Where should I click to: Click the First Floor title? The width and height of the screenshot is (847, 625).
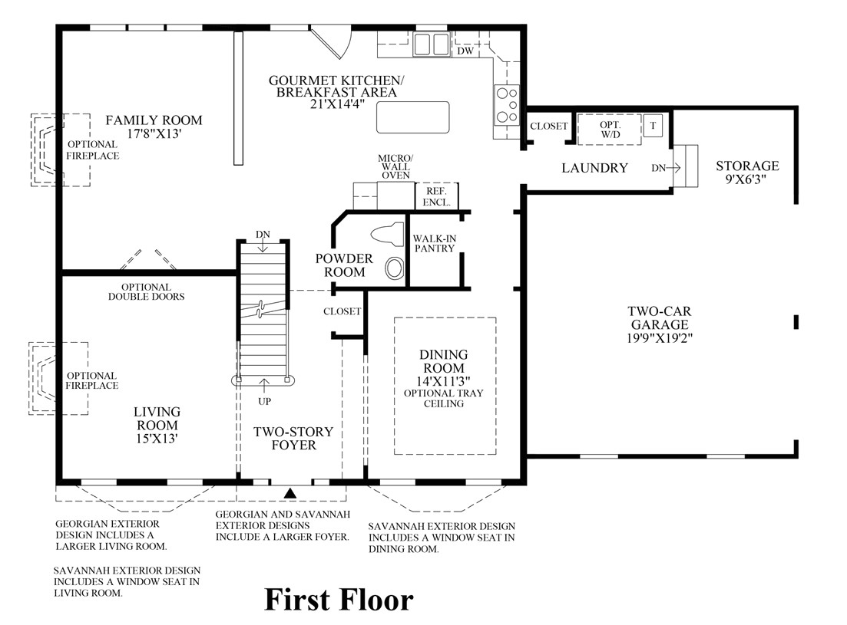click(339, 600)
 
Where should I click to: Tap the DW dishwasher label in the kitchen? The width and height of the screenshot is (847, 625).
click(465, 51)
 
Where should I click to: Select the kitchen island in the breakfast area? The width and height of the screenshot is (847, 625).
click(412, 117)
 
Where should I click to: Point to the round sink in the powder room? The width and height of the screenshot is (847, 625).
click(394, 268)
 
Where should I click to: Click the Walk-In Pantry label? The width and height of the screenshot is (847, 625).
click(434, 243)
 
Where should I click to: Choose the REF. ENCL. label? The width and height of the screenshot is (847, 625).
click(436, 197)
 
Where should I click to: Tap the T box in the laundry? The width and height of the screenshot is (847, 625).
click(653, 126)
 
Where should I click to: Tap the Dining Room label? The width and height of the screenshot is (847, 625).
click(443, 361)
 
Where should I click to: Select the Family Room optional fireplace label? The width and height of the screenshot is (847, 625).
click(93, 150)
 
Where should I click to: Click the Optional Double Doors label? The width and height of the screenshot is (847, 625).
click(146, 291)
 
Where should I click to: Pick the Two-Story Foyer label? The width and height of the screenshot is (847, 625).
click(285, 438)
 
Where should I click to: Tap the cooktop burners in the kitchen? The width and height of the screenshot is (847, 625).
click(507, 105)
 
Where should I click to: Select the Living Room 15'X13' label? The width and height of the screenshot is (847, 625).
click(157, 425)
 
